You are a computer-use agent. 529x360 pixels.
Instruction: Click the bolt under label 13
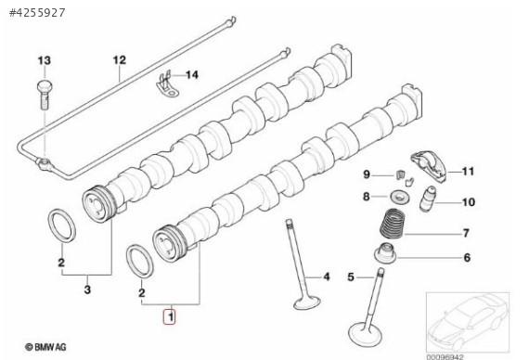[x=45, y=95]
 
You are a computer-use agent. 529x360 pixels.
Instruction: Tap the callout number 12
[x=119, y=60]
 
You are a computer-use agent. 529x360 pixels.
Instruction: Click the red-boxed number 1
[x=170, y=316]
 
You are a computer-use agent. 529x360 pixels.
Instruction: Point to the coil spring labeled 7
[x=393, y=224]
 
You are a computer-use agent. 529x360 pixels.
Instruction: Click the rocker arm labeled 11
[x=429, y=166]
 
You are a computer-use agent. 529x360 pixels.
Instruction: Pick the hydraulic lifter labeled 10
[x=427, y=199]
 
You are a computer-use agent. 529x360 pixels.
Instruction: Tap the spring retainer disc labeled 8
[x=400, y=197]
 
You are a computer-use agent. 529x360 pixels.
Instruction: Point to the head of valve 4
[x=306, y=302]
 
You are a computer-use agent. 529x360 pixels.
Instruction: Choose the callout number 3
[x=87, y=289]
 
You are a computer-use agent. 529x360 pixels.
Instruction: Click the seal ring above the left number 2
[x=61, y=225]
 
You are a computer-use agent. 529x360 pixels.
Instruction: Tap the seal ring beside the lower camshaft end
[x=139, y=261]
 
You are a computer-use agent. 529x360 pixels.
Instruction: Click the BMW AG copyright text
[x=45, y=346]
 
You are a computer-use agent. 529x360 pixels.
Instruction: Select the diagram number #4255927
[x=37, y=13]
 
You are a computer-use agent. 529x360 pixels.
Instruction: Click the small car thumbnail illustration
[x=468, y=322]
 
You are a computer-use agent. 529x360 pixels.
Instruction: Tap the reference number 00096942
[x=445, y=356]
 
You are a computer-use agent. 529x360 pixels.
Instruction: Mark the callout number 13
[x=45, y=60]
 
